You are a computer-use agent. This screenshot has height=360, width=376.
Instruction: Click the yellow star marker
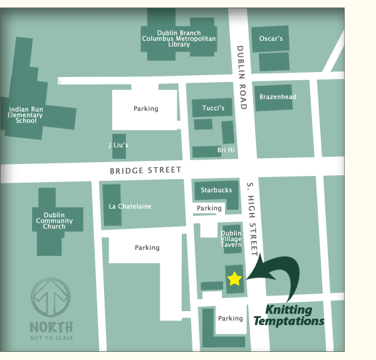coord(234,278)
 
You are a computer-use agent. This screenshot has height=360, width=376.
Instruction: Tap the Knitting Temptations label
coord(289,316)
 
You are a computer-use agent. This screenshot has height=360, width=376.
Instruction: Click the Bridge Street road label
coord(145,170)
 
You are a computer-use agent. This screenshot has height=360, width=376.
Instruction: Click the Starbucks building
coord(216,190)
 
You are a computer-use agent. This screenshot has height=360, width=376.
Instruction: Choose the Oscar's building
coord(271,39)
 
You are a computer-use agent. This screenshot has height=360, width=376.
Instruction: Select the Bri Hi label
coord(226,150)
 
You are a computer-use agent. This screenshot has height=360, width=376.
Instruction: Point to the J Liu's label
coord(118,145)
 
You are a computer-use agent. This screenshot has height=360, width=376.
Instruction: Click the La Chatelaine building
coord(130,206)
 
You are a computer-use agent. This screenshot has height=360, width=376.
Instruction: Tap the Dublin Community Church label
coord(54,220)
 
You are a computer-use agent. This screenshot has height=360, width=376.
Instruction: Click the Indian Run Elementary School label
coord(26,115)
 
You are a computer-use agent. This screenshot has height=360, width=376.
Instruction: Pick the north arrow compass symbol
coord(51,299)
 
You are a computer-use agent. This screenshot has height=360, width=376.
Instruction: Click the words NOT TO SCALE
coord(51,338)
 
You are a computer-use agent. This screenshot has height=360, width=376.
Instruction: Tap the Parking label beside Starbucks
coord(209,208)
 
